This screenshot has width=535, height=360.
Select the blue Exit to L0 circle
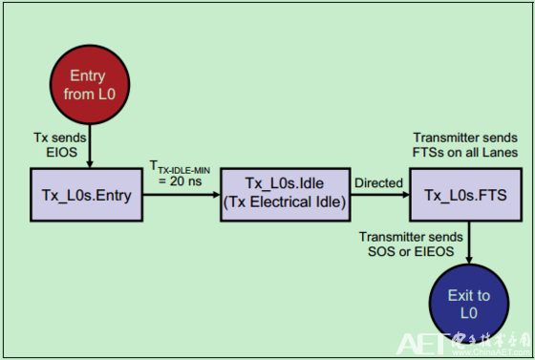coord(468,305)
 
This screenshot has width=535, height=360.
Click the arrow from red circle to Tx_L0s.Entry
coord(88,148)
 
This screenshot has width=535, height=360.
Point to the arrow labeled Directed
coord(379,194)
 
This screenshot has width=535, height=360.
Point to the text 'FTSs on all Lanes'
coord(465,153)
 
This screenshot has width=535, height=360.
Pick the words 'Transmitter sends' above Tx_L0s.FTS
coord(465,138)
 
